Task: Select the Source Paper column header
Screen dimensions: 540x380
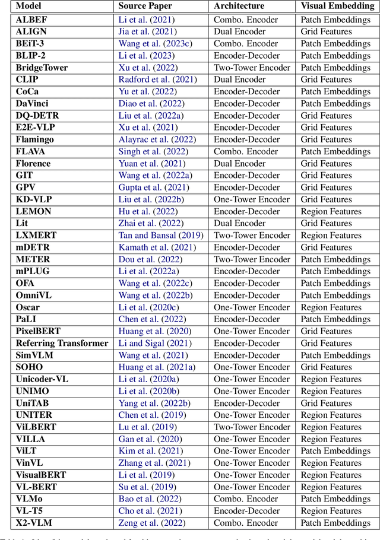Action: pyautogui.click(x=145, y=7)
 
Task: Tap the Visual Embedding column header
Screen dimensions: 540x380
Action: pyautogui.click(x=337, y=7)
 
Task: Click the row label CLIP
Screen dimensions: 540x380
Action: pyautogui.click(x=27, y=80)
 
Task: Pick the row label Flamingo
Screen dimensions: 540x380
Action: pyautogui.click(x=35, y=139)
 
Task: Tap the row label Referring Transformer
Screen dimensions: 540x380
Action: pyautogui.click(x=62, y=343)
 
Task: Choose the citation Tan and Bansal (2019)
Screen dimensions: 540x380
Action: pyautogui.click(x=161, y=236)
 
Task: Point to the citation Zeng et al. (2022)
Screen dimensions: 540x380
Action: pyautogui.click(x=152, y=523)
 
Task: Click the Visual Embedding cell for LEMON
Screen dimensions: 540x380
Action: pyautogui.click(x=331, y=211)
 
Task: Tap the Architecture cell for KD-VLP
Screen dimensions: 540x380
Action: pyautogui.click(x=252, y=199)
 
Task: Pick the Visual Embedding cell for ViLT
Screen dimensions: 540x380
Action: pyautogui.click(x=335, y=451)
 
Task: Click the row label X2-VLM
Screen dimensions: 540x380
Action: pyautogui.click(x=34, y=523)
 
